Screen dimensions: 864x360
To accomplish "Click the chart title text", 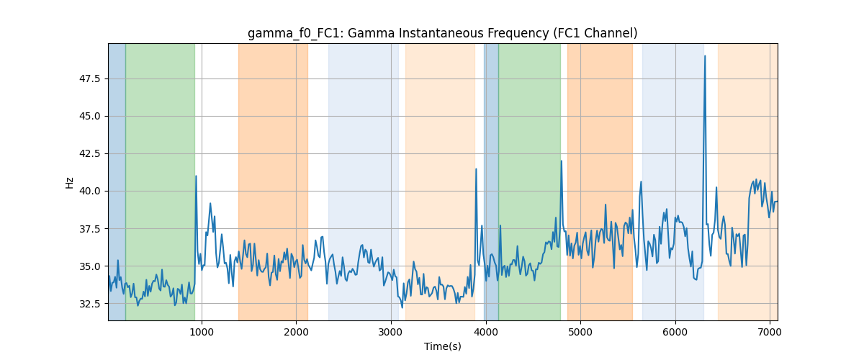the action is tap(442, 33).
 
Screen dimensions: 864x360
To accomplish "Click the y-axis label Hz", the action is tap(69, 183).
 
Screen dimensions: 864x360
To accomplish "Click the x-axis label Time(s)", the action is tap(442, 346).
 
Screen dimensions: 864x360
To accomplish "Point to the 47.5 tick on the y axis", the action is tap(89, 78).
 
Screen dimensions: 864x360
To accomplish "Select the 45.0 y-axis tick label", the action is tap(89, 116).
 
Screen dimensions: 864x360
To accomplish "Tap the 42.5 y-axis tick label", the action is tap(89, 153).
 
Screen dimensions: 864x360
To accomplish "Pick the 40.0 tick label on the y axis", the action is tap(89, 191).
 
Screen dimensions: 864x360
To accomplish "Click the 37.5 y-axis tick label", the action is tap(89, 229).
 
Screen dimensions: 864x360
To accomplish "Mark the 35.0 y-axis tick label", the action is tap(89, 266).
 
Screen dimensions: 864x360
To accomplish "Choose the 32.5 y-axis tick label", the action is tap(89, 304).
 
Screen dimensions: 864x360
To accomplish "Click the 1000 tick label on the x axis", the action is tap(202, 332).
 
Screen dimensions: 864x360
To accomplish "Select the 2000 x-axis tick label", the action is tap(296, 332).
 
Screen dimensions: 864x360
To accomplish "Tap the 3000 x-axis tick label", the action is tap(391, 332).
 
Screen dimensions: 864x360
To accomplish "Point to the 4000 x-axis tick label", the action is tap(485, 332).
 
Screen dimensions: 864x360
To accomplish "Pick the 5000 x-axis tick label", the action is tap(580, 332).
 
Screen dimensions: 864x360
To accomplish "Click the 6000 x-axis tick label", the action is tap(675, 332).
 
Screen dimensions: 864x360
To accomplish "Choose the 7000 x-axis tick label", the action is tap(770, 332).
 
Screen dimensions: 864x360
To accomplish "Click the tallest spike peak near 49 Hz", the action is tap(705, 56).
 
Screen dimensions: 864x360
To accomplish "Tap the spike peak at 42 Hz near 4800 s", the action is tap(561, 161).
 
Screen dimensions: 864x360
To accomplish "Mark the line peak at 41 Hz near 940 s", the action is tap(196, 176).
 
